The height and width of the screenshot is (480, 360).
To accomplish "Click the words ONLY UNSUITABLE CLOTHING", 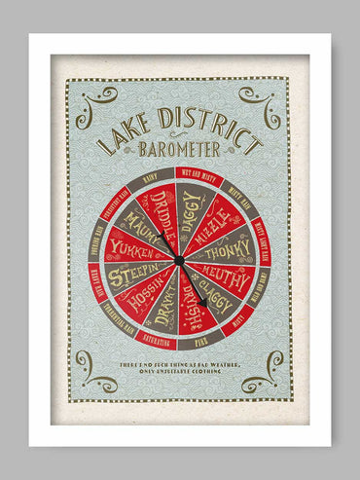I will click(180, 372).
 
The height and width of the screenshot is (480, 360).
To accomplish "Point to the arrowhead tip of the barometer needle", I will click(203, 301).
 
